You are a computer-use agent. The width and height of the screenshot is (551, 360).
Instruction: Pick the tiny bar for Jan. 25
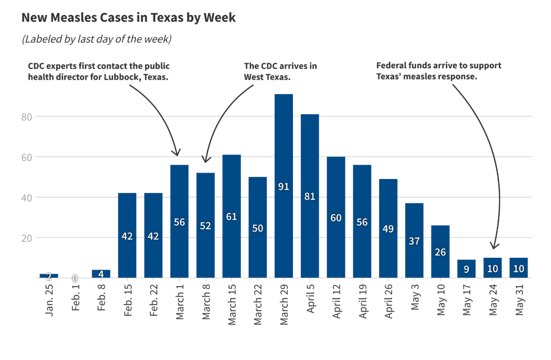pyautogui.click(x=49, y=276)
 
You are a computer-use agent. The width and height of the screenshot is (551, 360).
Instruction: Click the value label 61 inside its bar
pyautogui.click(x=231, y=217)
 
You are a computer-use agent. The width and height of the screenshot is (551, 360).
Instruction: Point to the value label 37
pyautogui.click(x=414, y=241)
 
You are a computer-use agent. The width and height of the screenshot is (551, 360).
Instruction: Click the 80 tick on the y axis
pyautogui.click(x=28, y=117)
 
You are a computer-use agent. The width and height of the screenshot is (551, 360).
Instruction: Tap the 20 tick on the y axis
pyautogui.click(x=28, y=238)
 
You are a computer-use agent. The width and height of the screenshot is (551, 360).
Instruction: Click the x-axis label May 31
pyautogui.click(x=519, y=301)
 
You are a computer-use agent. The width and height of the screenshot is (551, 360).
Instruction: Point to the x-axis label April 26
pyautogui.click(x=388, y=304)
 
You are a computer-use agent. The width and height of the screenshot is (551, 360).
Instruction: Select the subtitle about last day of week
pyautogui.click(x=97, y=39)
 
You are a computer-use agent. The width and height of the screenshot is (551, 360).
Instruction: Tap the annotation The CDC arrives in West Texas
pyautogui.click(x=280, y=71)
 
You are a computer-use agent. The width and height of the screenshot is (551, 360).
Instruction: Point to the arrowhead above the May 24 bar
pyautogui.click(x=494, y=246)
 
